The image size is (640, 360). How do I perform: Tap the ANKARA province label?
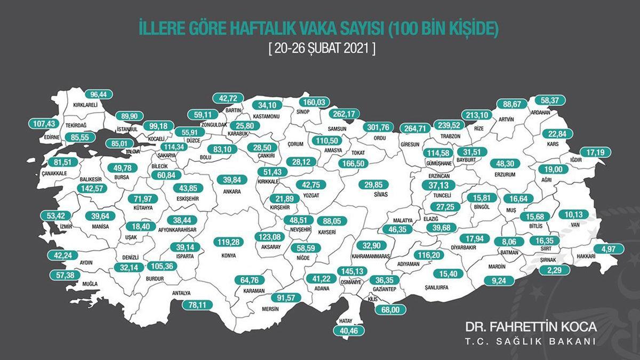[x=233, y=191]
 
